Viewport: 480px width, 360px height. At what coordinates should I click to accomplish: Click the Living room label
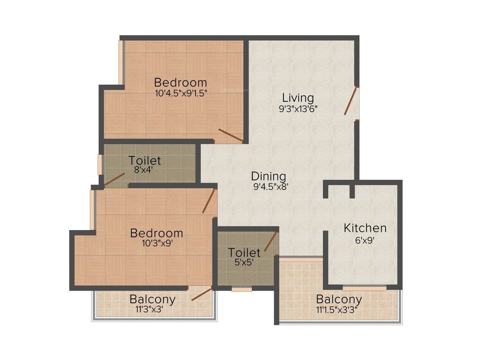298,98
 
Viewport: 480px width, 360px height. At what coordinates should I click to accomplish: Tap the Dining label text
269,176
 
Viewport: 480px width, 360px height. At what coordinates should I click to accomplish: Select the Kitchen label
365,228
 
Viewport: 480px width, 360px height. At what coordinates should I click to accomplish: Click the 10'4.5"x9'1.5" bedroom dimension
181,93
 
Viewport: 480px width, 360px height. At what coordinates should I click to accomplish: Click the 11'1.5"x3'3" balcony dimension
339,309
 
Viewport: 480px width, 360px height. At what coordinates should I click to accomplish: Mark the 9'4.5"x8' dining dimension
269,187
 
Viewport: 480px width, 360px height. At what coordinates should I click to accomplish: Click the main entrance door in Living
351,101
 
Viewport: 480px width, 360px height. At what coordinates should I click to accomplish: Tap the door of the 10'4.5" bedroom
231,135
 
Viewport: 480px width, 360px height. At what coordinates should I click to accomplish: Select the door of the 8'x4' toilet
114,180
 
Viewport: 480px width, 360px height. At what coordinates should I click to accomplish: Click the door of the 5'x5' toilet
270,241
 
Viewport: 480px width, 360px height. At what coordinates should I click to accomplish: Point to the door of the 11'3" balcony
202,294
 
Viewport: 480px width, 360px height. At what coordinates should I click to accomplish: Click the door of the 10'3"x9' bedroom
209,201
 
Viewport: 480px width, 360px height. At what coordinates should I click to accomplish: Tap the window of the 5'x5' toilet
242,289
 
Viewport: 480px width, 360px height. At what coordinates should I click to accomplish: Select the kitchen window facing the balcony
364,287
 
